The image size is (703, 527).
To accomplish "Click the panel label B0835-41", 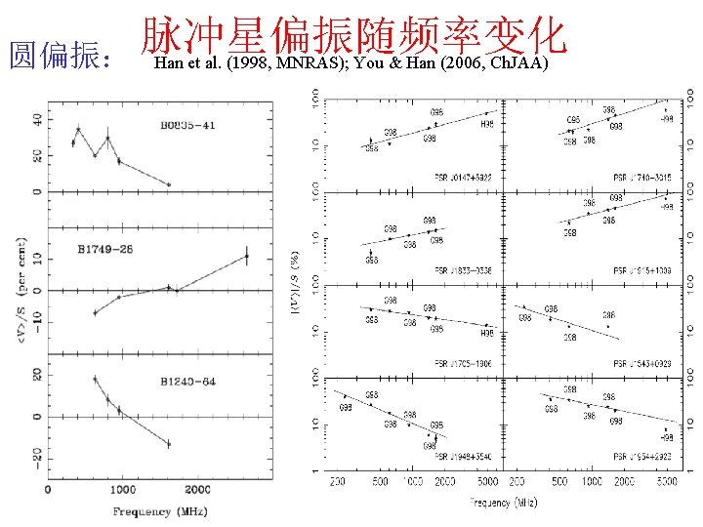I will [x=188, y=126].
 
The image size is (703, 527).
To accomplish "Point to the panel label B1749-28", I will [x=106, y=250].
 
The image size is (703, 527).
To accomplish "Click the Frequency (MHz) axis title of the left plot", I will [x=155, y=511].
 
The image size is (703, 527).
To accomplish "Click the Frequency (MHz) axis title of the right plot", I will [x=503, y=502].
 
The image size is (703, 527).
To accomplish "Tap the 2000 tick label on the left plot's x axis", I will [x=198, y=490].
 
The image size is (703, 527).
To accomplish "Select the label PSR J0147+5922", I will [x=463, y=177].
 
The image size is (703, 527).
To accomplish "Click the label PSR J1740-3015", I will [x=641, y=177].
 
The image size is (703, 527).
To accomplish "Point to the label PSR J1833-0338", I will [x=463, y=270].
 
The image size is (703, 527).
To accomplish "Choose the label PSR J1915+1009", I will [x=641, y=270].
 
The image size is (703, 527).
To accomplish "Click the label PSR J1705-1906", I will [x=463, y=363].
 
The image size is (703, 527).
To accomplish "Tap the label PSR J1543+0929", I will [x=641, y=363].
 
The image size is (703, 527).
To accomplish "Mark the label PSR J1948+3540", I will [x=463, y=456].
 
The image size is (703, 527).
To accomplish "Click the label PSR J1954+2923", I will [x=641, y=456].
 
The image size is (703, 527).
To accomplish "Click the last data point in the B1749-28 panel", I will [x=247, y=257].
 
